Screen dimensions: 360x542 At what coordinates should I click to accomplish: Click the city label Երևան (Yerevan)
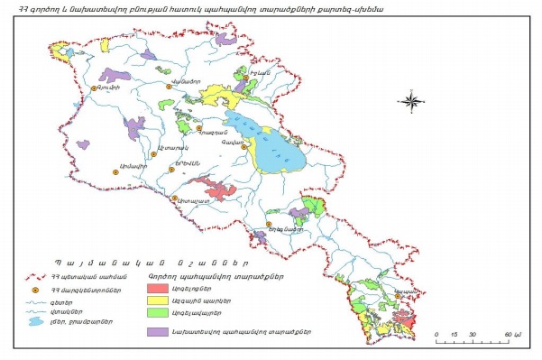coord(186,160)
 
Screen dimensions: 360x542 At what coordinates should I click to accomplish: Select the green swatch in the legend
coord(161,315)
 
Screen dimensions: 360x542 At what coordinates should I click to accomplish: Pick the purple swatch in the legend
coord(161,332)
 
